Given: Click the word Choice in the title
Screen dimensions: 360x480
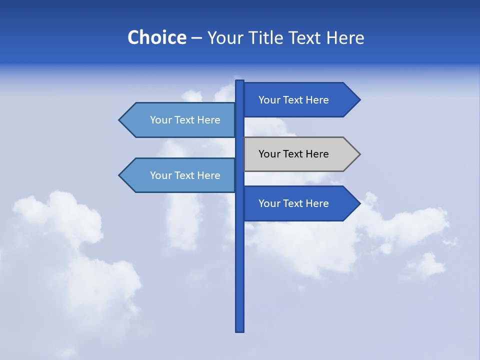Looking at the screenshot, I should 156,37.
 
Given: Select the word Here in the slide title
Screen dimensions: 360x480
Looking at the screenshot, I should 345,37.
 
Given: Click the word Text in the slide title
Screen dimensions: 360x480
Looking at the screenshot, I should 306,37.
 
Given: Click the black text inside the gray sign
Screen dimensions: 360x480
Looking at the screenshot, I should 293,154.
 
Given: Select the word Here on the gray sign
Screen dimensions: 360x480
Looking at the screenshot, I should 316,154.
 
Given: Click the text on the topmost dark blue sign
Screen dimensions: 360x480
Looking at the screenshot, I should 293,100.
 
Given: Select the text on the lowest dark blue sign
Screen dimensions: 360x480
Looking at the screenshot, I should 293,203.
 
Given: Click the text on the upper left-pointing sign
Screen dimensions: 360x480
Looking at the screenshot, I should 185,120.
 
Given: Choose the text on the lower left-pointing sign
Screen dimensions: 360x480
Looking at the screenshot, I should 185,175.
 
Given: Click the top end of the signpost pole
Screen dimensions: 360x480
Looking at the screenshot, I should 239,81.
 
